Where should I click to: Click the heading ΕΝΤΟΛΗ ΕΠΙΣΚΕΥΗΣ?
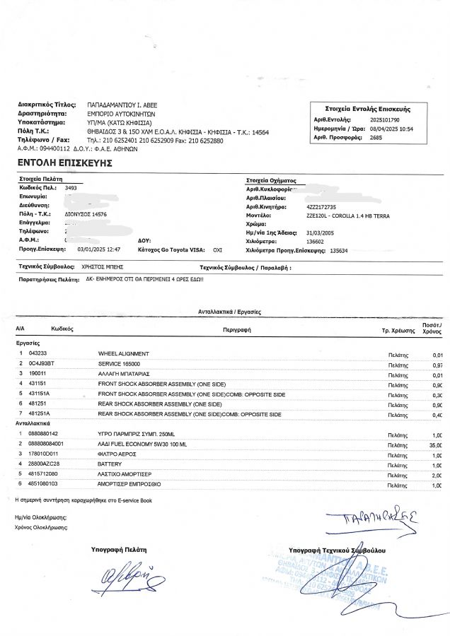[x=65, y=163]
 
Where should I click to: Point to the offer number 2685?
[x=376, y=138]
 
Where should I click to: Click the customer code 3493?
[x=71, y=189]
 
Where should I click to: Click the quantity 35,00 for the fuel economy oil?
[x=435, y=444]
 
